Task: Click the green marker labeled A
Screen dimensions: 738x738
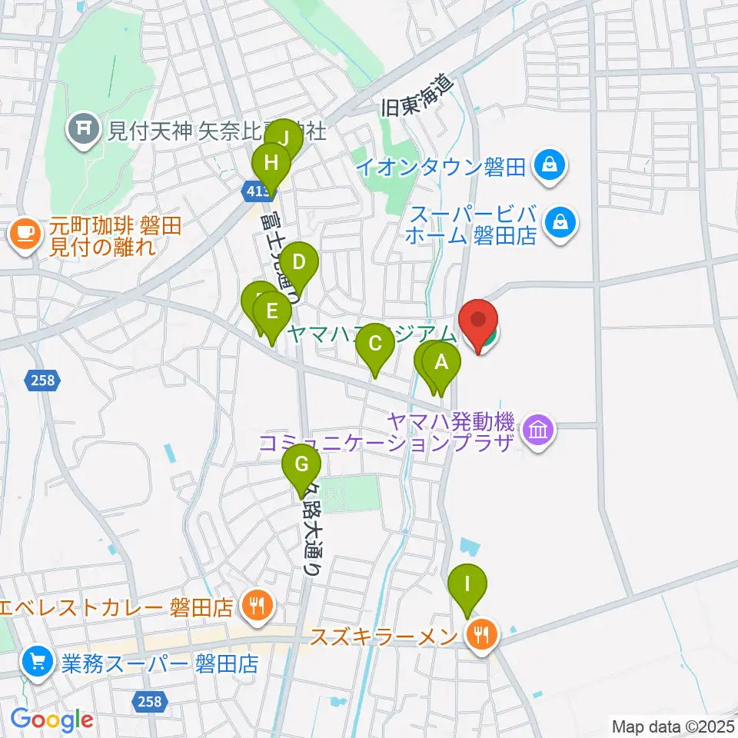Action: tap(441, 364)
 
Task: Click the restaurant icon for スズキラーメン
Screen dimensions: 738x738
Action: tap(482, 635)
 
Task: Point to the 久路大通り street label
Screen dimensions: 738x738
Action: tap(311, 530)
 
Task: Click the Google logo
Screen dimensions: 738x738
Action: tap(52, 720)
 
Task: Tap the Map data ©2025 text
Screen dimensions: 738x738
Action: tap(671, 726)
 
